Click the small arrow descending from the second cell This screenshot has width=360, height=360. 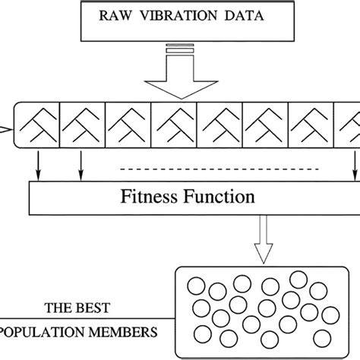(x=80, y=163)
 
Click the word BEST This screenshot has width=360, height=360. (x=92, y=309)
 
